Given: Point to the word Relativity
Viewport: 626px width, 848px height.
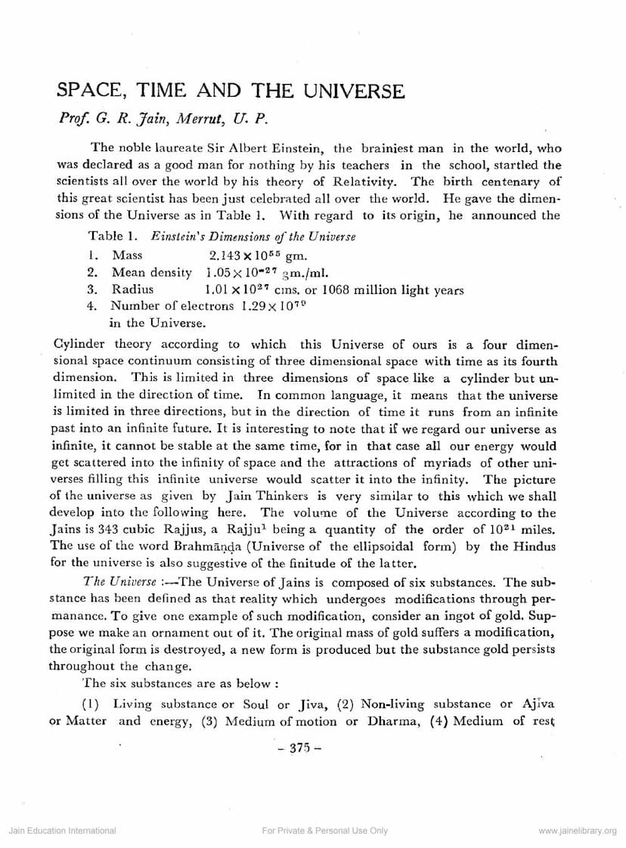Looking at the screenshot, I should (368, 182).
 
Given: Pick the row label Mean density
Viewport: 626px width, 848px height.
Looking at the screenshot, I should (155, 272).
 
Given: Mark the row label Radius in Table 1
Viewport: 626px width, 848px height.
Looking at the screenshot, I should (133, 289).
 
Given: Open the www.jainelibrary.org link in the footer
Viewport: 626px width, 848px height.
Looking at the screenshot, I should (578, 831).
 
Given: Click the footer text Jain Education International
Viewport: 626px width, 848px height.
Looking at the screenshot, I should (62, 831).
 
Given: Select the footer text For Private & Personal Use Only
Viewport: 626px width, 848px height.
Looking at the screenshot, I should (324, 831).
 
